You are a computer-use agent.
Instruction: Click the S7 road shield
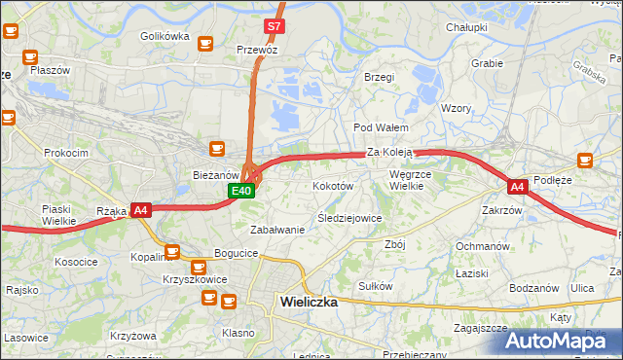click(x=275, y=26)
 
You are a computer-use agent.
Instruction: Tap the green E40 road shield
click(x=242, y=192)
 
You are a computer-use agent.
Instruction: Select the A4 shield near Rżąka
click(x=141, y=209)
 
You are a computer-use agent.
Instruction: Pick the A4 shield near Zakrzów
click(x=516, y=186)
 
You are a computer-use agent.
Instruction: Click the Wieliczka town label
click(x=308, y=302)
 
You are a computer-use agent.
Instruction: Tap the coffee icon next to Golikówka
click(x=205, y=43)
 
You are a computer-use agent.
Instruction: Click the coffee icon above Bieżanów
click(x=218, y=149)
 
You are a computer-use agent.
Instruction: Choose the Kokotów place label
click(x=332, y=185)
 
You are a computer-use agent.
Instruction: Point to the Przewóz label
click(x=257, y=49)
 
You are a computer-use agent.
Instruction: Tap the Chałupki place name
click(x=466, y=27)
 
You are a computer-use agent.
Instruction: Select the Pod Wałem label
click(x=380, y=127)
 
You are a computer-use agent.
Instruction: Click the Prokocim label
click(x=66, y=153)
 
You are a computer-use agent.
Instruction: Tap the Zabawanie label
click(x=277, y=230)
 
